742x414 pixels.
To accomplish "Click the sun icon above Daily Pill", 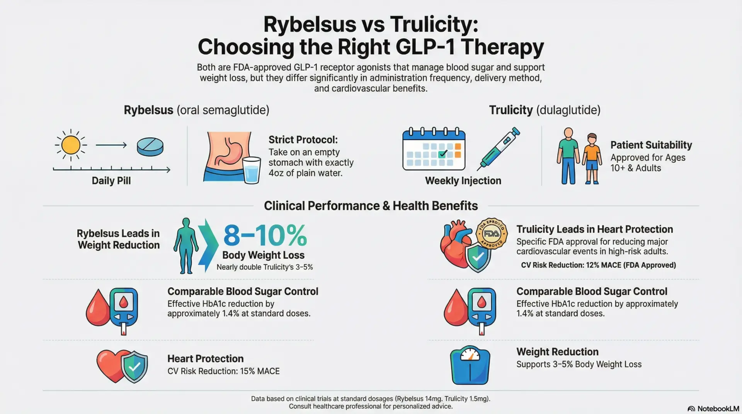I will pos(71,145).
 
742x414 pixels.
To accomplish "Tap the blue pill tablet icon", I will pos(150,147).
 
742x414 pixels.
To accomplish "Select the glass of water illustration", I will pos(252,170).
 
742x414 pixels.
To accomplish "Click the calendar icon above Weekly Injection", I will pos(434,149).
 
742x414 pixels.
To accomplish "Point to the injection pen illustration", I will pos(499,149).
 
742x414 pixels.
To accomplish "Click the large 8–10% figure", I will pos(265,236).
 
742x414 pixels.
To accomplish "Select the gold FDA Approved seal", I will pos(491,233).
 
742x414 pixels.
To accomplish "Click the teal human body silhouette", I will pos(186,246).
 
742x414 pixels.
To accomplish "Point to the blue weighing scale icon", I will pos(470,365).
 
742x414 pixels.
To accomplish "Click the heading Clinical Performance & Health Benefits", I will pos(371,206).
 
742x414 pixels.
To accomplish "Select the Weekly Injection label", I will pos(463,181).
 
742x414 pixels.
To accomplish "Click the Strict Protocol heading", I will pos(303,140).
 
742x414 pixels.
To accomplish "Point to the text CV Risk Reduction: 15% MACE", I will pos(223,371).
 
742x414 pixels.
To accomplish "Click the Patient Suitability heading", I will pos(651,145).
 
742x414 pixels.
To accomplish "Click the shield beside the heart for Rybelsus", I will pos(134,367).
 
